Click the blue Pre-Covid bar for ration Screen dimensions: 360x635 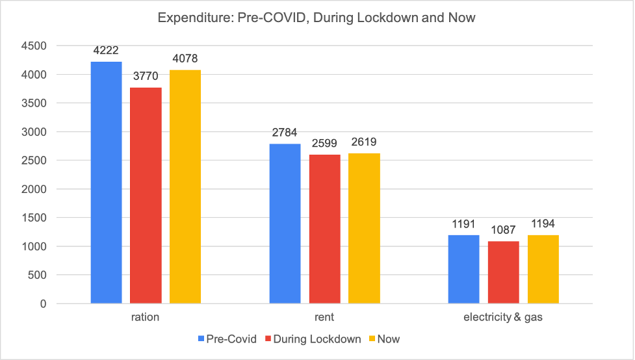[106, 183]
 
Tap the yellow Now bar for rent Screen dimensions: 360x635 [364, 228]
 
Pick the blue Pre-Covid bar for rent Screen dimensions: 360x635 [285, 224]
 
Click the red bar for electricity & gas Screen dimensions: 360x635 [503, 272]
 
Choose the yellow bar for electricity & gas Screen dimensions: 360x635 [543, 269]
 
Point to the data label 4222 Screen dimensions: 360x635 [106, 51]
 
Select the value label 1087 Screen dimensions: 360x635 [503, 230]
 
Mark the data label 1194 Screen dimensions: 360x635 [543, 224]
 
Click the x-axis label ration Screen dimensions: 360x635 [145, 318]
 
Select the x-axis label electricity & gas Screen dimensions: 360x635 [503, 318]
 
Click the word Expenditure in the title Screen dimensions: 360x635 [192, 18]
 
